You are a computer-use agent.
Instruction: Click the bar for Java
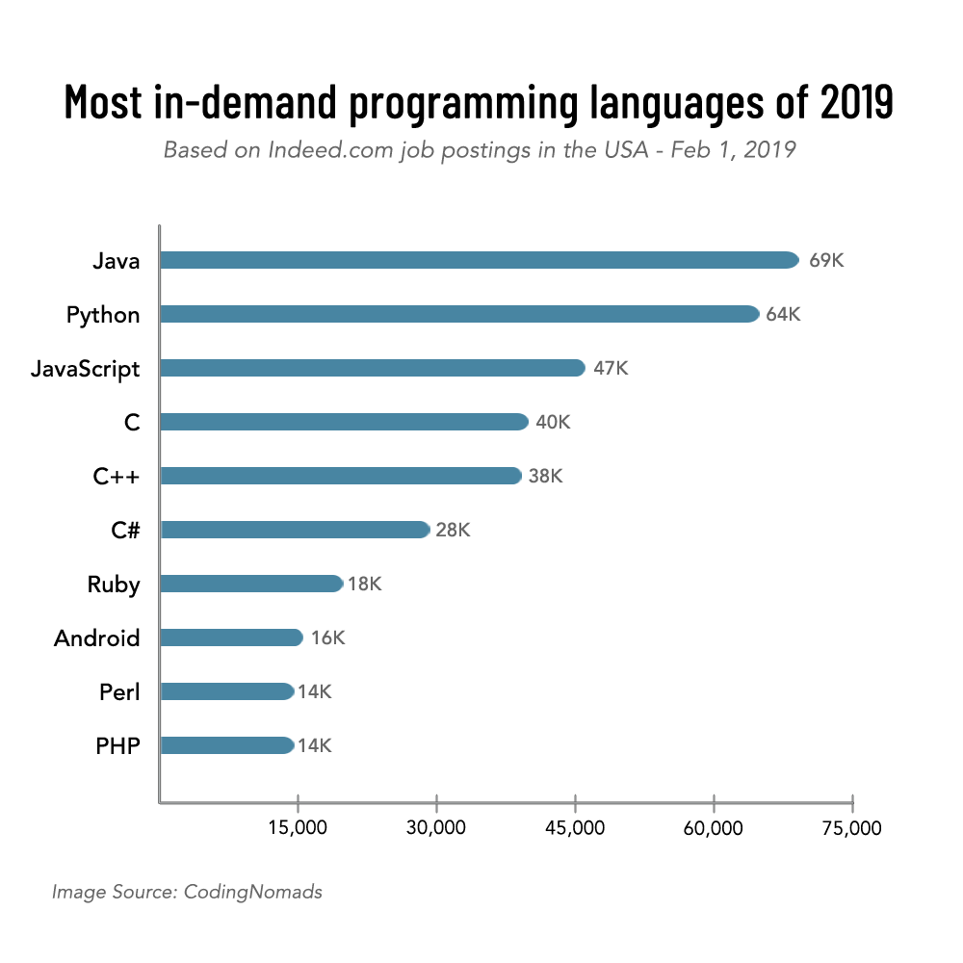click(479, 260)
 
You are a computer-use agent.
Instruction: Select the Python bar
click(459, 314)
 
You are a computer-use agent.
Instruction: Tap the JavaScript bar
click(372, 368)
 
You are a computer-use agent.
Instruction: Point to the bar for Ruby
click(251, 584)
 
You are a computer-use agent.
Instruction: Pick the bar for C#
click(295, 530)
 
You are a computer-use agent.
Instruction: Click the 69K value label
click(826, 261)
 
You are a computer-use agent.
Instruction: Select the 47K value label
click(611, 369)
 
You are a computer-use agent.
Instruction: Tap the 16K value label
click(327, 638)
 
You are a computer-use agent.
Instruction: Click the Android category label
click(97, 638)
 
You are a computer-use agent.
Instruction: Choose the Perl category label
click(119, 691)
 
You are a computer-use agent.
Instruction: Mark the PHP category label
click(117, 745)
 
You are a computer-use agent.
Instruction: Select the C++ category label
click(117, 476)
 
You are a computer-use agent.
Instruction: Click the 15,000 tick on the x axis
click(299, 828)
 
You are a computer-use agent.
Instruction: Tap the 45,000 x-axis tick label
click(575, 828)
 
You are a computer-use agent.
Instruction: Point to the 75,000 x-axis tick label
click(852, 828)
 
